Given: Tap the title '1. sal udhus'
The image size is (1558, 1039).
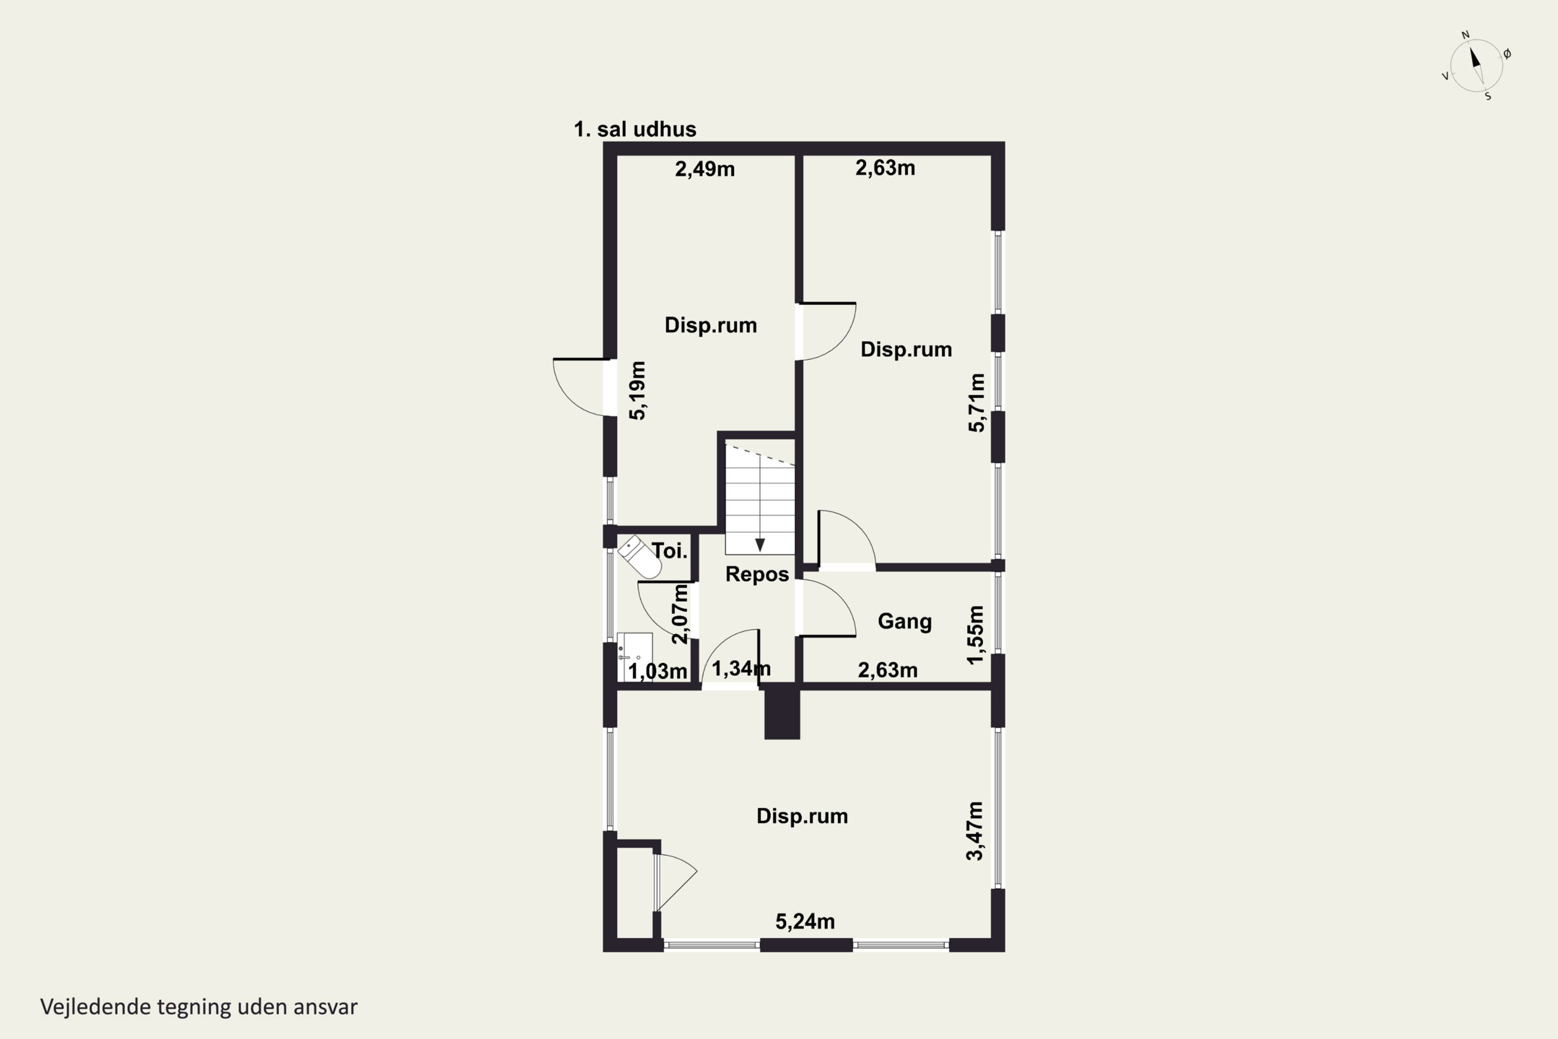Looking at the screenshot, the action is point(635,129).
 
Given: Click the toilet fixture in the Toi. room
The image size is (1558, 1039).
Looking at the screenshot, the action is point(640,556).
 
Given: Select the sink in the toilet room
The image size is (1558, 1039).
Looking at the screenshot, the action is point(635,657).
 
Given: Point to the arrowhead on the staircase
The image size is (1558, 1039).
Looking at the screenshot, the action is point(760,544).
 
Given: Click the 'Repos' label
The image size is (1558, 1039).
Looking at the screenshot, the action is point(757,574).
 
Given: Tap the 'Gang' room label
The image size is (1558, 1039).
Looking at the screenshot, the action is point(905,621).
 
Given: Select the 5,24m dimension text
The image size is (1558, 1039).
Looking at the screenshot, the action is point(805,922).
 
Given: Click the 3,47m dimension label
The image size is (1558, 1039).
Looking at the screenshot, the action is point(975,831).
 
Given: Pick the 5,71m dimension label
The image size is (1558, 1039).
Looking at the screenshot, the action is point(977,403).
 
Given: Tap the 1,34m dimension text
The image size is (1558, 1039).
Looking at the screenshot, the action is point(741,669).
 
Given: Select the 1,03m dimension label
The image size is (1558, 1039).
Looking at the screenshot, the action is point(658,672).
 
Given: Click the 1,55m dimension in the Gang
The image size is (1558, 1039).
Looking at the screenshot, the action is point(976,635).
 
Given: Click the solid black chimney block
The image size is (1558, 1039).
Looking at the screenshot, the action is point(782,712).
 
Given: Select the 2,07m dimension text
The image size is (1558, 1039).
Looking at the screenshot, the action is point(680,614).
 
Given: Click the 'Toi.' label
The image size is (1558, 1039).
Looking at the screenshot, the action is point(670,551).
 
